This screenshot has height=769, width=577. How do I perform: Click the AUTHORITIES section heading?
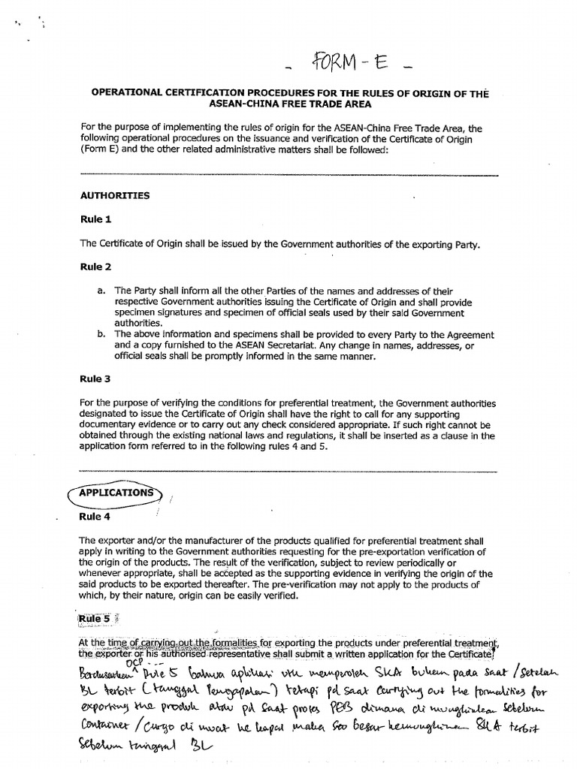click(x=114, y=195)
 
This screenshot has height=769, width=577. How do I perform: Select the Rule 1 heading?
click(x=95, y=220)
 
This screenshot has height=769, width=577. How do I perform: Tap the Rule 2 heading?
click(x=95, y=267)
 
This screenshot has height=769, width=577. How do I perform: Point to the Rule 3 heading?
click(x=95, y=378)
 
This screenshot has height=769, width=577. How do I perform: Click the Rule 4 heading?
click(x=95, y=517)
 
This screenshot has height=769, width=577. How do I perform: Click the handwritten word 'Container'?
click(x=100, y=730)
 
